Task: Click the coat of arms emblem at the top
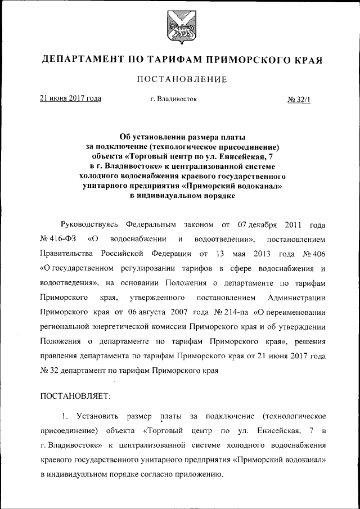click(x=179, y=27)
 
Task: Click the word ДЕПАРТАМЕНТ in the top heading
click(x=87, y=60)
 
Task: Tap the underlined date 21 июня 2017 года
click(x=70, y=98)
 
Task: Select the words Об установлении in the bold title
click(x=153, y=136)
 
